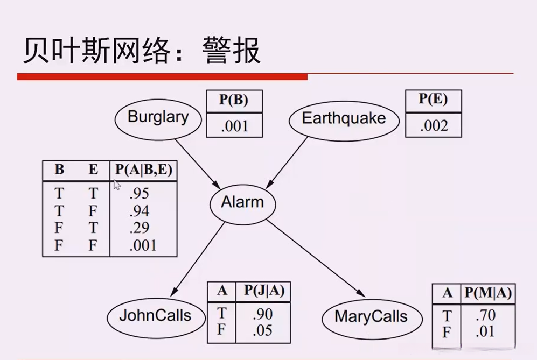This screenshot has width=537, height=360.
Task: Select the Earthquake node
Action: (x=344, y=118)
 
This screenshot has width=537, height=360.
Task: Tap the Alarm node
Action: (x=242, y=203)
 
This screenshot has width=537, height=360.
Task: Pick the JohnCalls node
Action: (x=155, y=315)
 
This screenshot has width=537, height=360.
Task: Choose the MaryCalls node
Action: (x=371, y=316)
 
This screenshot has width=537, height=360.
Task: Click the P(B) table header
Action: (x=233, y=101)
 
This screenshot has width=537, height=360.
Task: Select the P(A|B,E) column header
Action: (x=143, y=170)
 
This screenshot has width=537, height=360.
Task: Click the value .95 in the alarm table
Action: (x=139, y=193)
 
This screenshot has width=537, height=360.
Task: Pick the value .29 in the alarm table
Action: (x=139, y=228)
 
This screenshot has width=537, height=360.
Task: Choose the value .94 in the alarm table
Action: (x=139, y=210)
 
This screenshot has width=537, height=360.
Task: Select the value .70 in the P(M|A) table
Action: (x=485, y=315)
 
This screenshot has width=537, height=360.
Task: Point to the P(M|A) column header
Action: (x=487, y=293)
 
